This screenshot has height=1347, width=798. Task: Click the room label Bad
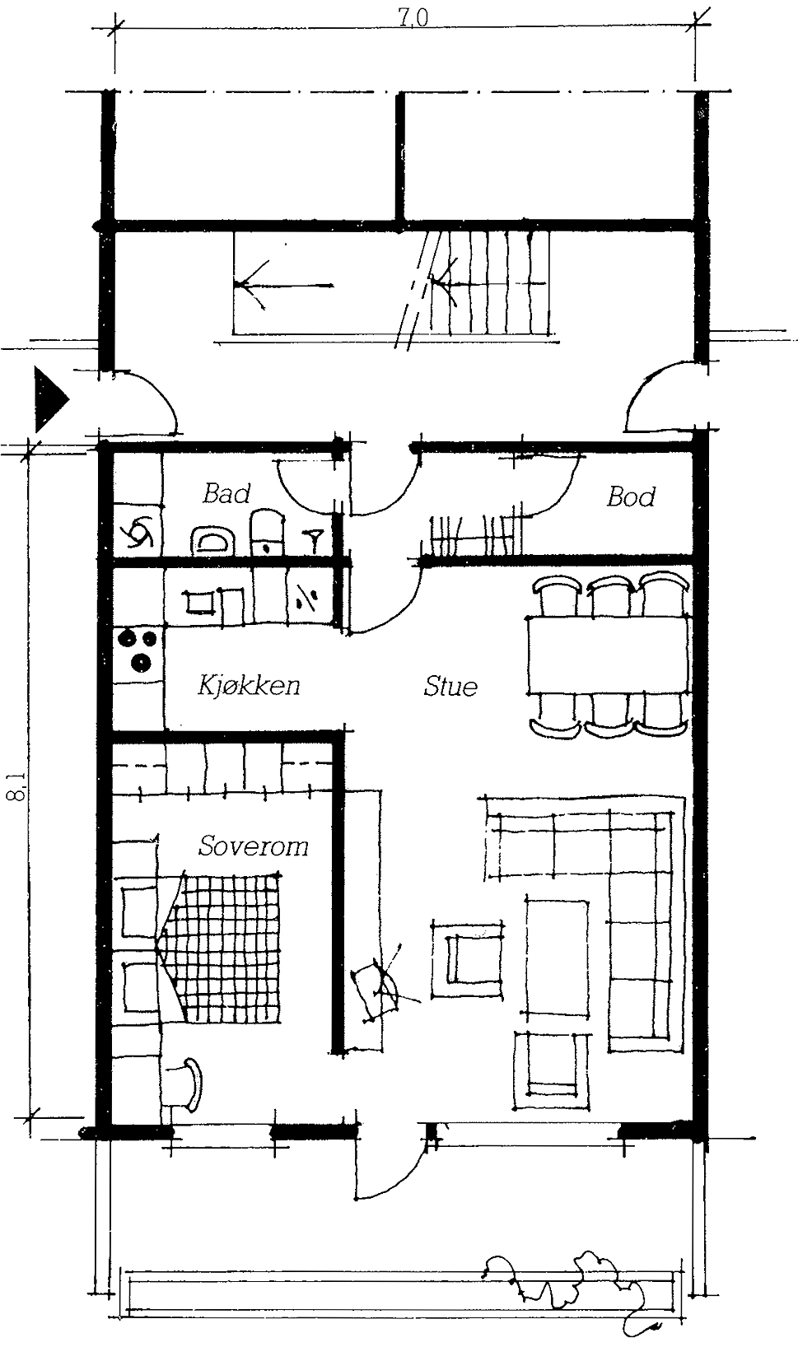click(226, 494)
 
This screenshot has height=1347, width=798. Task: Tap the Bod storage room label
click(631, 496)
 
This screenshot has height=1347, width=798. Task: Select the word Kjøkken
click(249, 685)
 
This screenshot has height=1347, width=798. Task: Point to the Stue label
click(450, 686)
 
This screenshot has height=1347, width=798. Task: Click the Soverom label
click(253, 846)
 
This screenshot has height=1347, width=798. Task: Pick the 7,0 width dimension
click(413, 19)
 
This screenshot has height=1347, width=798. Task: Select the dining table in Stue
click(608, 656)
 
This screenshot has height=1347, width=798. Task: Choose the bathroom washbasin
click(212, 541)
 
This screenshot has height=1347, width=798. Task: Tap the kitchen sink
click(198, 601)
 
